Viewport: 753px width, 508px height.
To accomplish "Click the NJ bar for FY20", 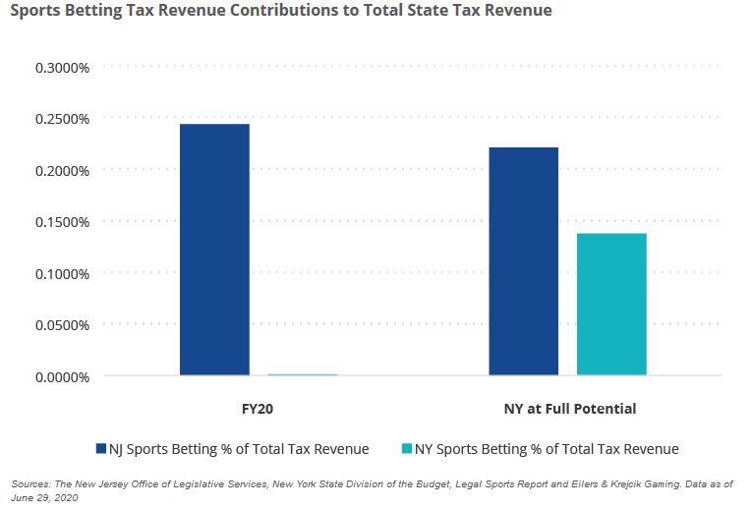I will (x=214, y=250).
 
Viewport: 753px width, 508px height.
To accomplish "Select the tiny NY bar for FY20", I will (x=303, y=374).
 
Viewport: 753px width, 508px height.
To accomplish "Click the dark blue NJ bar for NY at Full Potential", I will (x=523, y=261).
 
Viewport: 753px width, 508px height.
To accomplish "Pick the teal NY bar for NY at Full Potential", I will (x=611, y=304).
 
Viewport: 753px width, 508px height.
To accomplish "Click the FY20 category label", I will (x=258, y=408).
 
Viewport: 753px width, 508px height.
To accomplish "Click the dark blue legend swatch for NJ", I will (x=100, y=449).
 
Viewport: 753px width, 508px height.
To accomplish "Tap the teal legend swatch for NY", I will (x=407, y=449).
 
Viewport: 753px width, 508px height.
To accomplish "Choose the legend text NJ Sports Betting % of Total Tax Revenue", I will (x=240, y=449).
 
